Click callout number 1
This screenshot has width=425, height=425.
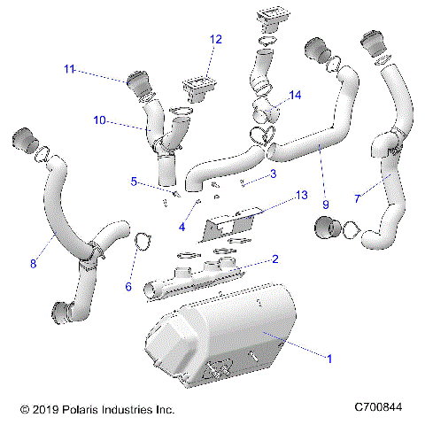[x=329, y=359]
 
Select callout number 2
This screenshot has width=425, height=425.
[x=275, y=259]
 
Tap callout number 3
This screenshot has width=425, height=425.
[x=273, y=174]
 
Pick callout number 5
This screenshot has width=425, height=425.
[x=135, y=182]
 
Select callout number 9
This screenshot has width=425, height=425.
[x=325, y=205]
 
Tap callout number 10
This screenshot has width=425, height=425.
[x=100, y=120]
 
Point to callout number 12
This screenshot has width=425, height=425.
[x=217, y=39]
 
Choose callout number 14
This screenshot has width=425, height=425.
[x=295, y=95]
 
